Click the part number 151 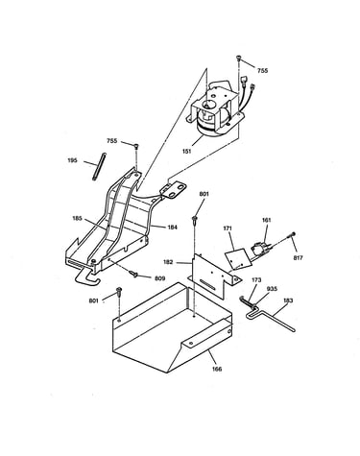pos(187,151)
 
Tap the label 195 pos(73,160)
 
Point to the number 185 pos(77,218)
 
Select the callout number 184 pos(172,228)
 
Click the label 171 pos(228,228)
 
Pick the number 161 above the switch pos(266,220)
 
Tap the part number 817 pos(298,257)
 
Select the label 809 pos(160,278)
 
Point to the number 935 pos(273,289)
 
